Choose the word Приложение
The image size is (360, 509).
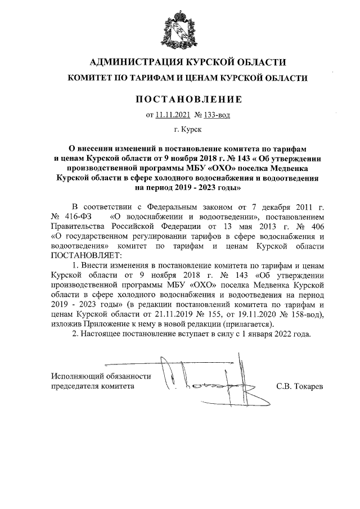pos(112,325)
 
